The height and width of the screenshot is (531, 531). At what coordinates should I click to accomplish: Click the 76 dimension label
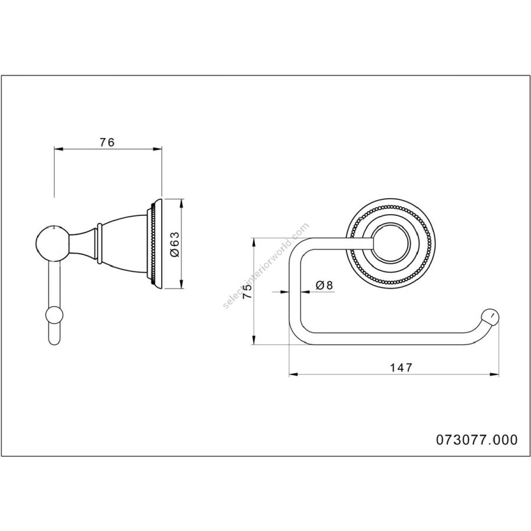coord(107,143)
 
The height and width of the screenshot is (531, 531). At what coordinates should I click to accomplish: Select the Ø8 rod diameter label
coord(324,285)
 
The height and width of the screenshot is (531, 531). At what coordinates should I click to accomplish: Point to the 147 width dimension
coord(401,368)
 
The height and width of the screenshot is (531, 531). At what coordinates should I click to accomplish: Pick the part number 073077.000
coord(477,440)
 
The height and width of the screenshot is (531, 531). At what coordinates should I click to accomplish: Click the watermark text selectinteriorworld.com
coord(266,265)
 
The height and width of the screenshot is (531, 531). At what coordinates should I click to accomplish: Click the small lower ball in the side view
coord(54,316)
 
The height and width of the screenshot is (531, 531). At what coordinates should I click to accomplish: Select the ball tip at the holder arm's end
coord(490,317)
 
